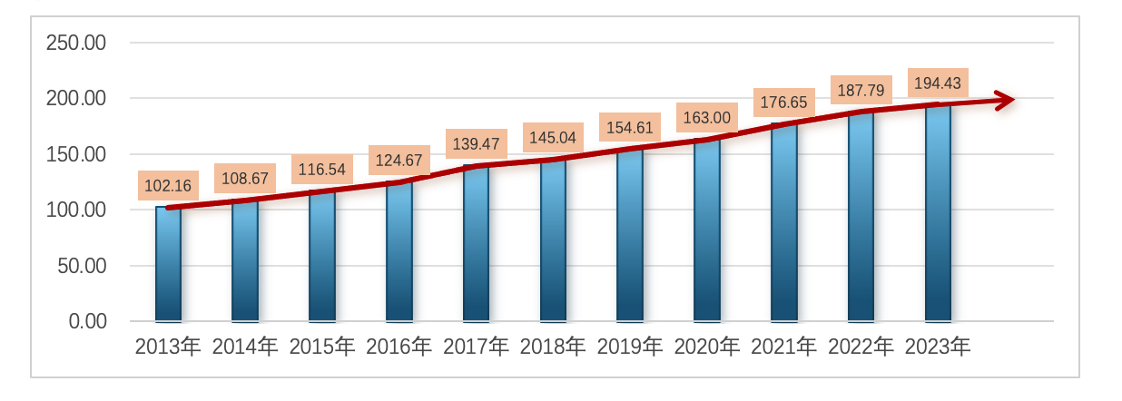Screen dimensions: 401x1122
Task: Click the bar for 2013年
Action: pos(168,264)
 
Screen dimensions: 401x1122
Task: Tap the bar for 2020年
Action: pos(706,230)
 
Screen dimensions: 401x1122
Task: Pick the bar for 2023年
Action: pos(938,213)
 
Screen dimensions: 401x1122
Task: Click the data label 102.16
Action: pos(168,186)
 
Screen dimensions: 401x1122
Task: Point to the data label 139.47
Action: pos(476,144)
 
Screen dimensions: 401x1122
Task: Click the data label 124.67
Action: pos(399,161)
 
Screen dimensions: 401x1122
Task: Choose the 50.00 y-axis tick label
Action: pos(81,266)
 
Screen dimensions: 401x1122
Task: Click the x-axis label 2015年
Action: pos(321,347)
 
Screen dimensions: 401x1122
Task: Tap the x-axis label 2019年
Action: pos(630,347)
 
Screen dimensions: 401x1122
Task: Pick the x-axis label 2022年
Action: pos(861,347)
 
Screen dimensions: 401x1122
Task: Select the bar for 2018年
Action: pos(553,240)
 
